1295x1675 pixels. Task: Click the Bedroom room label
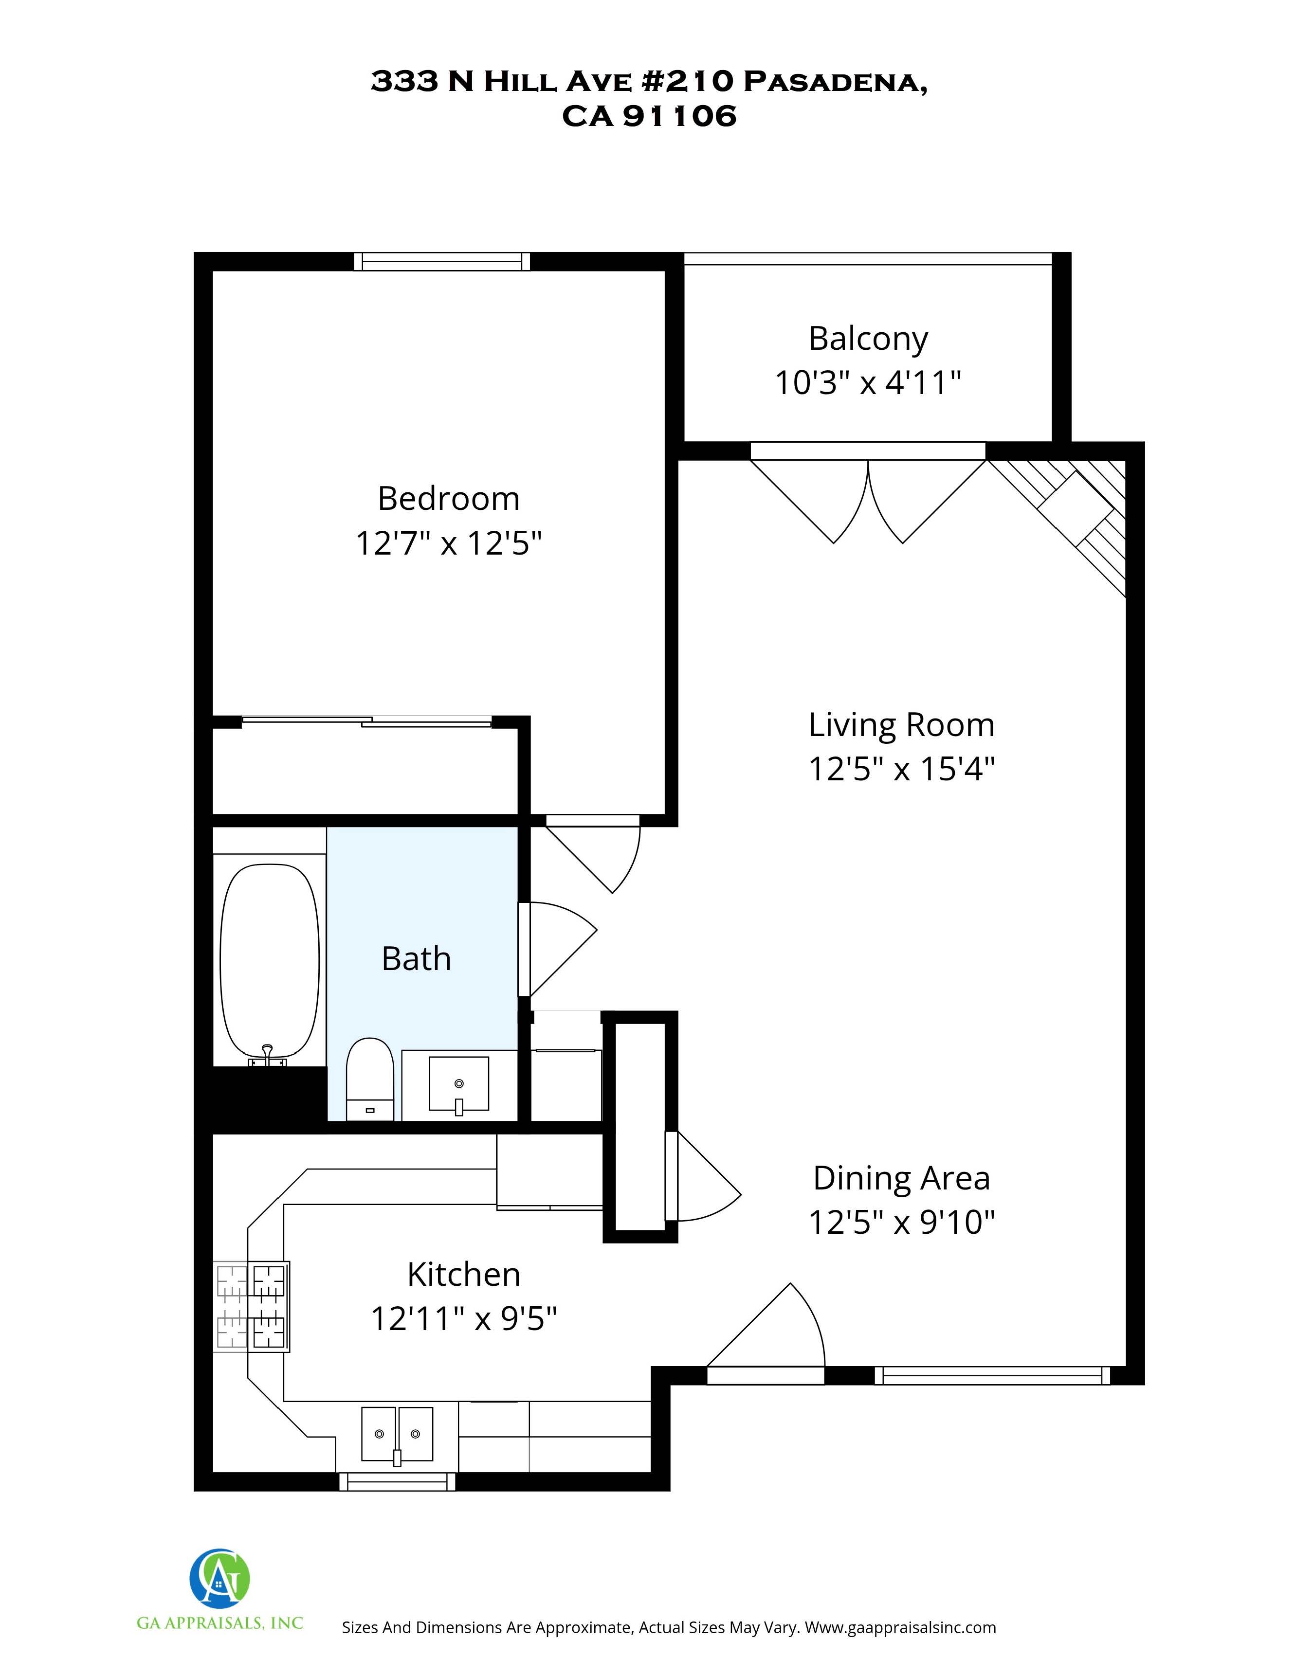pos(449,499)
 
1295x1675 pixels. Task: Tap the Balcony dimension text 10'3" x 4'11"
pos(868,382)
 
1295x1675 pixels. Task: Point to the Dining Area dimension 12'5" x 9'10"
pos(901,1222)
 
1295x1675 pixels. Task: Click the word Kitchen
pos(463,1275)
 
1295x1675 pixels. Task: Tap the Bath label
pos(416,959)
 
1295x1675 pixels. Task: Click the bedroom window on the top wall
pos(442,262)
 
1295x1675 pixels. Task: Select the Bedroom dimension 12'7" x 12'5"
pos(449,544)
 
